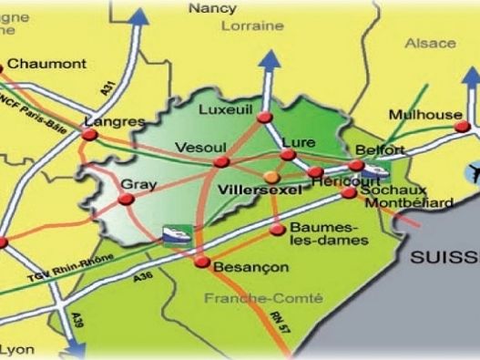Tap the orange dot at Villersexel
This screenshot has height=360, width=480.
point(270,176)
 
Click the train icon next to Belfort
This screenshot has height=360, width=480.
point(375,170)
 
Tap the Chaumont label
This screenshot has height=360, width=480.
point(47,64)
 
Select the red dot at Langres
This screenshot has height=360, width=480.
point(90,136)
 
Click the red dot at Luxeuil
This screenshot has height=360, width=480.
point(264,118)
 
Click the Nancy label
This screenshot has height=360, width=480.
point(212,8)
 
